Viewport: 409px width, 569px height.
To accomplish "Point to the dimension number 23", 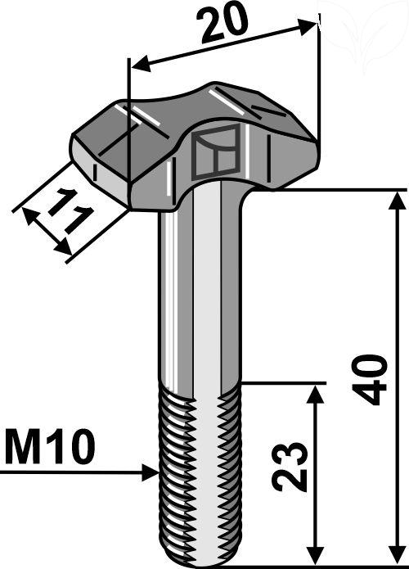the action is click(x=289, y=467).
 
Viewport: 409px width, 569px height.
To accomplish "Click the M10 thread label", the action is click(x=51, y=447).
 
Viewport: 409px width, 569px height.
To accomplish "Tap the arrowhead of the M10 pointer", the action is click(x=151, y=472).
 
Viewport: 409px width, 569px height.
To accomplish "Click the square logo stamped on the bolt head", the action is click(x=216, y=152).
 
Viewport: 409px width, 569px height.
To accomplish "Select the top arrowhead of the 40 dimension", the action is click(x=398, y=201).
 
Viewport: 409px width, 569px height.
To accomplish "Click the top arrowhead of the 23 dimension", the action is click(x=316, y=395).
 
